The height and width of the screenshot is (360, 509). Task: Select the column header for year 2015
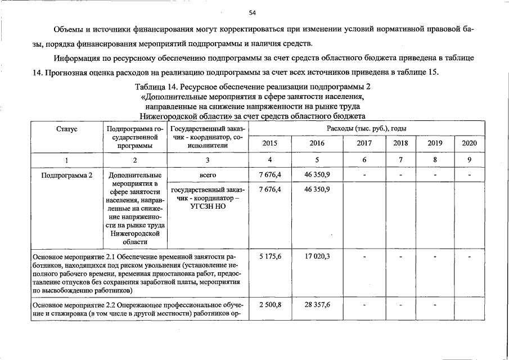(x=269, y=143)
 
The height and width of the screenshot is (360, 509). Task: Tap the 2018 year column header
(x=400, y=143)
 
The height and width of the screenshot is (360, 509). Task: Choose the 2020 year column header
(x=469, y=143)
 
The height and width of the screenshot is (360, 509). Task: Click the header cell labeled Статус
(x=67, y=129)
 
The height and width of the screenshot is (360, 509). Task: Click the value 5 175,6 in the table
(x=270, y=256)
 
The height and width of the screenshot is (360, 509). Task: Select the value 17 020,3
(x=317, y=256)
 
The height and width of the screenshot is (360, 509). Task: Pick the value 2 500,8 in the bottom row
(x=270, y=304)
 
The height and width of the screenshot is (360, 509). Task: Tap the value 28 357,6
(x=317, y=304)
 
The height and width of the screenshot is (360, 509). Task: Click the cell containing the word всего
(x=208, y=175)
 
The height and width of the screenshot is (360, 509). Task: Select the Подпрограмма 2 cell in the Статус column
(x=67, y=175)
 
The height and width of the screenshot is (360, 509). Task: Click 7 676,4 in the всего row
(x=270, y=175)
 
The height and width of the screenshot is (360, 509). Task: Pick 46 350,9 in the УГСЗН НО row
(x=317, y=190)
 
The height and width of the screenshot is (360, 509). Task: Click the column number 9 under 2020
(x=469, y=160)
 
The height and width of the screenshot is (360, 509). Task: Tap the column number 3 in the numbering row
(x=208, y=160)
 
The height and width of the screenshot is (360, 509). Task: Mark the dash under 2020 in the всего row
(x=469, y=175)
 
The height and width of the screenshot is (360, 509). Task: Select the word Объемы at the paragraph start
(x=69, y=29)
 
